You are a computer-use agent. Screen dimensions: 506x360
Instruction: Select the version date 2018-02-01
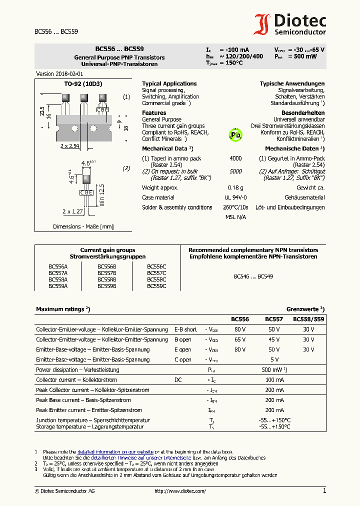pos(56,73)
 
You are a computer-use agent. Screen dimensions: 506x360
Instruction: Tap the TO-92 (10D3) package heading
pos(83,84)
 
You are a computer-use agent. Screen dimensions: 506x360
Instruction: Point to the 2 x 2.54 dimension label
pos(70,146)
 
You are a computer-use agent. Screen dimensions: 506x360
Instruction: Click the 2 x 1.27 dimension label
pos(73,211)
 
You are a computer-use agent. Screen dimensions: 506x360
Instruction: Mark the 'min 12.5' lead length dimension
pos(101,194)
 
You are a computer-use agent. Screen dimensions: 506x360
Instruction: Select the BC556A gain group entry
pos(58,267)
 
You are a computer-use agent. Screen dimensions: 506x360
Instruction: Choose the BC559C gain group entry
pos(156,286)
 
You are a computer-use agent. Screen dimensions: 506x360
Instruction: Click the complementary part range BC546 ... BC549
pos(253,276)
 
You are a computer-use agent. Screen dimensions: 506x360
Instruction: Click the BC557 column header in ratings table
pos(273,319)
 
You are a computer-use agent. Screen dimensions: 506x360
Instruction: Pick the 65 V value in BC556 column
pos(240,339)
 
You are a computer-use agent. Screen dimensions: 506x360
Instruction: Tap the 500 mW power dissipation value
pos(273,370)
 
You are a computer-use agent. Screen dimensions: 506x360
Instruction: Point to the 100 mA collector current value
pos(273,380)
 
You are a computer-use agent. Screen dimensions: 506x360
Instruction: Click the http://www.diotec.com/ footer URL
pos(180,491)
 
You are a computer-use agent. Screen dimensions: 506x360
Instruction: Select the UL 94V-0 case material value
pos(235,197)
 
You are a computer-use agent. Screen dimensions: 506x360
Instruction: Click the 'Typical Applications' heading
pos(169,84)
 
